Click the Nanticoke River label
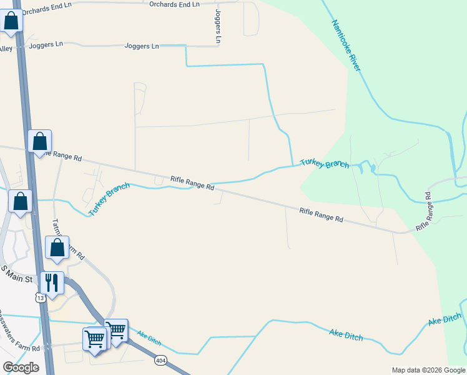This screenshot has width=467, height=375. (346, 45)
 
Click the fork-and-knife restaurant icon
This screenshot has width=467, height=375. (51, 282)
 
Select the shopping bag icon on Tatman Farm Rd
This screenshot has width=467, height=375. (57, 247)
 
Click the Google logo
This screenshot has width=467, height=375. (21, 367)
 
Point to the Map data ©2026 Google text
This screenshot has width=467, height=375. (428, 370)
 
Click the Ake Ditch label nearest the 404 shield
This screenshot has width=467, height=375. (149, 338)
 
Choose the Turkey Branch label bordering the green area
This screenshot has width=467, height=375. (324, 163)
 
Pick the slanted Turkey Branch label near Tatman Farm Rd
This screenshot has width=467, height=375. (109, 199)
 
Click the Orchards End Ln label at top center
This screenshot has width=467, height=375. (174, 4)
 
